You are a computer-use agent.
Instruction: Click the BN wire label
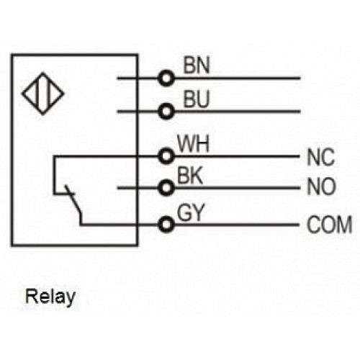(x=197, y=65)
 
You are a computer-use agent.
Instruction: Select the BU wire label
(x=197, y=99)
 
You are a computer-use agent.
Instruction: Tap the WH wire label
(x=193, y=144)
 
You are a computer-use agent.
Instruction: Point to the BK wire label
(x=189, y=176)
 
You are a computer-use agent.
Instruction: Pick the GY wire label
(x=190, y=212)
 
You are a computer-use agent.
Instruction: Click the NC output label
(x=320, y=157)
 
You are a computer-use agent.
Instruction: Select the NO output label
(x=321, y=186)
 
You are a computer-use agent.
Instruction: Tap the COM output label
(x=329, y=225)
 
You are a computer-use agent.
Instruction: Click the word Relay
(x=50, y=297)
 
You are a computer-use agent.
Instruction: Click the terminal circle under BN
(x=166, y=78)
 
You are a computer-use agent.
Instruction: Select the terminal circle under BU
(x=166, y=112)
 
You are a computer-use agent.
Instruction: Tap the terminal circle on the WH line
(x=166, y=156)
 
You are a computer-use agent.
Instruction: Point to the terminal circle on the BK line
(x=166, y=188)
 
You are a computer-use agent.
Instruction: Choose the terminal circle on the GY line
(x=166, y=225)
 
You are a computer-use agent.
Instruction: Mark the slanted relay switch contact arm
(x=73, y=201)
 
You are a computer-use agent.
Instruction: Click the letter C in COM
(x=314, y=225)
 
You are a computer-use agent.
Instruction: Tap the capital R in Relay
(x=32, y=296)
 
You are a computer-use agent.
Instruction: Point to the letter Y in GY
(x=198, y=212)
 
